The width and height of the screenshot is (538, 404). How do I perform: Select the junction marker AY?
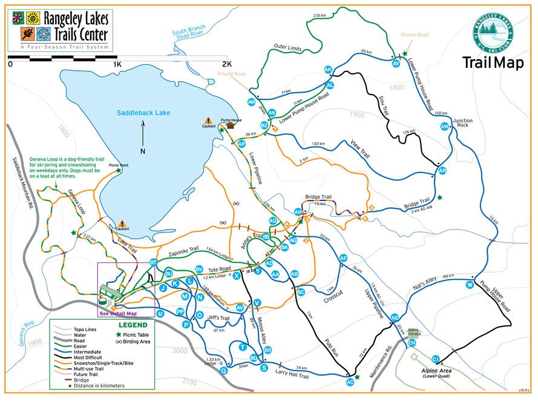(396, 63)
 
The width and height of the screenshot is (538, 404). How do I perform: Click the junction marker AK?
(329, 70)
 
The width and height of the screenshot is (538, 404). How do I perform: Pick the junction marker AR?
(442, 171)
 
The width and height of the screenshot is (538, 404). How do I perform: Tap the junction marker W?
(470, 285)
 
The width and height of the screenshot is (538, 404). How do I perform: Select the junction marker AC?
(350, 382)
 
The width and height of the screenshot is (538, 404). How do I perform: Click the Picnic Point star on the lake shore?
(119, 171)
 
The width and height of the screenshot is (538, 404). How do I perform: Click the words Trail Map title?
(493, 62)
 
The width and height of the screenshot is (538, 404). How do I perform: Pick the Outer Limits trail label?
(287, 46)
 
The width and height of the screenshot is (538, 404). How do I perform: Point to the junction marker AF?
(343, 258)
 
